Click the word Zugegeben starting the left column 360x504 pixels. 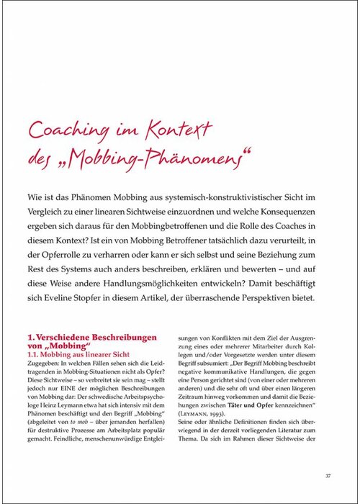[x=45, y=384]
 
